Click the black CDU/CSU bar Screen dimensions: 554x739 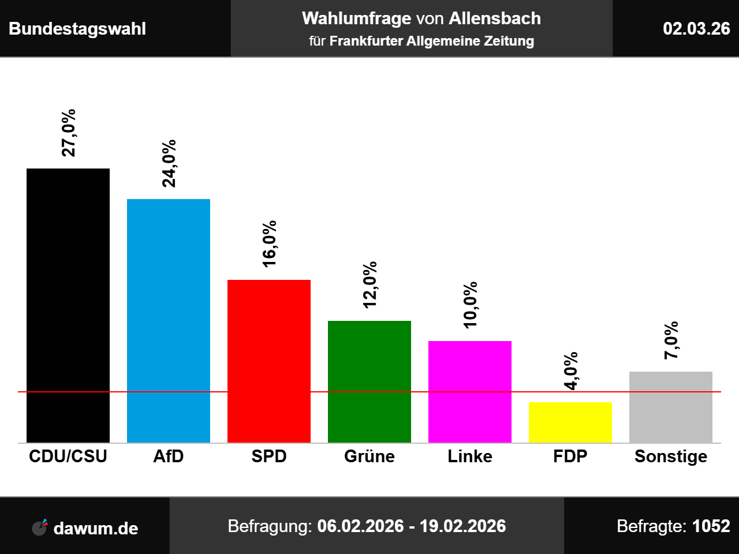68,305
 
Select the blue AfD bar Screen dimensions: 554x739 169,321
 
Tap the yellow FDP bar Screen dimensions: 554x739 570,422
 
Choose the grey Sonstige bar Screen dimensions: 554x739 671,407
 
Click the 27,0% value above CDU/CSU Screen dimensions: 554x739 69,133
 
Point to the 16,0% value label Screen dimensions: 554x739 270,244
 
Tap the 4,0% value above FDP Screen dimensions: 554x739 571,370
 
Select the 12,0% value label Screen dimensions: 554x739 370,285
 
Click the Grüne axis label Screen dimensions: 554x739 369,456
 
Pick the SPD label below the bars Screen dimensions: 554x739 269,456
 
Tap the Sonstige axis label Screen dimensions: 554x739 671,456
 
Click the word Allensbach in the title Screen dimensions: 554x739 495,18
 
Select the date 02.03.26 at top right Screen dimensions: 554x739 696,28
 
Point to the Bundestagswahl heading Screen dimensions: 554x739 77,29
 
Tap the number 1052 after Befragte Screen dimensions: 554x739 711,526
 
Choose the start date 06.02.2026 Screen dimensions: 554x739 360,526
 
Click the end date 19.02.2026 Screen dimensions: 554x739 462,526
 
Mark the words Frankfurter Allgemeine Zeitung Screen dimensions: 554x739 432,42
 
